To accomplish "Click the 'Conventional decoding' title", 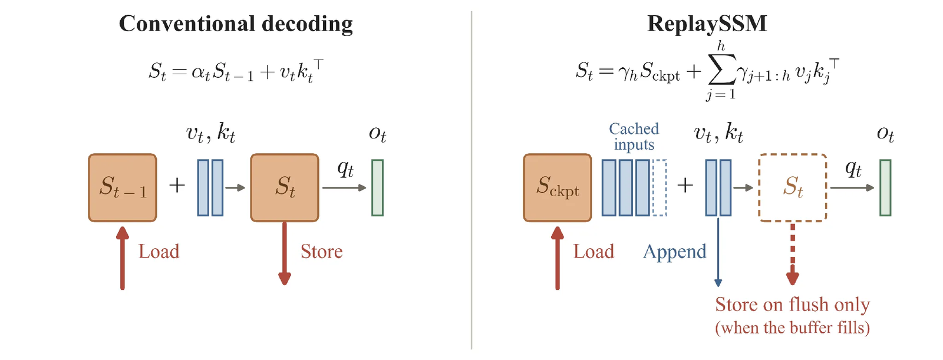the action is [x=236, y=24].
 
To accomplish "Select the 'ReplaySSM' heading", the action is [x=707, y=24].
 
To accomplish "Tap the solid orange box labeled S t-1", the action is [x=123, y=188].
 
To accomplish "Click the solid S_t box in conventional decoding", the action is [x=285, y=188].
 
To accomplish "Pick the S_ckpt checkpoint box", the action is [x=558, y=188].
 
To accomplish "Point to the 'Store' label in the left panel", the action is [x=322, y=252].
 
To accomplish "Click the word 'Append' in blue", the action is [x=675, y=252].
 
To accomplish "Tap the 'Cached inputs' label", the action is [x=634, y=137].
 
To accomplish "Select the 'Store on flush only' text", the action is [x=793, y=305].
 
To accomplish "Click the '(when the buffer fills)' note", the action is [x=793, y=328].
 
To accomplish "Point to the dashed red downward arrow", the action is [x=793, y=254].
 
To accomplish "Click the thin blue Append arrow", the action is [x=718, y=252].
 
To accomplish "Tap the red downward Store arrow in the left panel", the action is [x=285, y=253].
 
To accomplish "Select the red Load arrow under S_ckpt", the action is [x=558, y=258].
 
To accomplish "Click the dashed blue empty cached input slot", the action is [x=660, y=188].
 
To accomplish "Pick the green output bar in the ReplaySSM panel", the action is [x=885, y=188].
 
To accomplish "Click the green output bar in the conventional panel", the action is [x=377, y=188].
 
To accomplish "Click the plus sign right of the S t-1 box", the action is [x=177, y=185].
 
